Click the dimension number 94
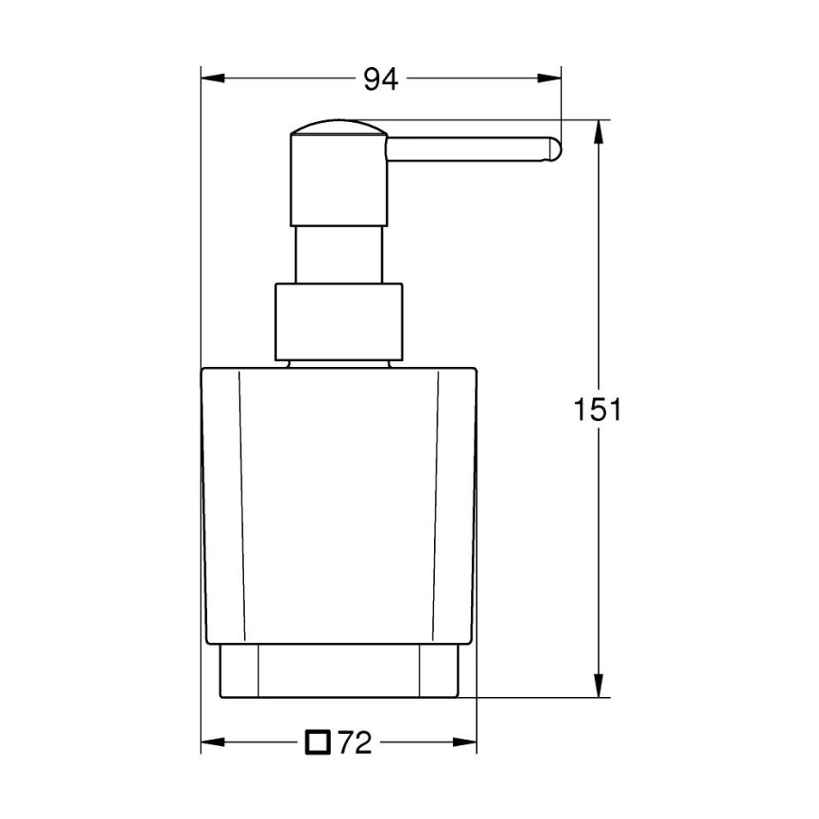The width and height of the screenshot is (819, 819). [381, 80]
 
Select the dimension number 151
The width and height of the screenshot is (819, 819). [598, 409]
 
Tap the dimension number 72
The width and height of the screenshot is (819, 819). [354, 744]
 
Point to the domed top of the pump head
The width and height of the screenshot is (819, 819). [338, 127]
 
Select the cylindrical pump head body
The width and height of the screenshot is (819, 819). [338, 180]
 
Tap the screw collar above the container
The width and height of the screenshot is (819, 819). [340, 322]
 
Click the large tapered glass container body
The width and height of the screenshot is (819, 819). [340, 501]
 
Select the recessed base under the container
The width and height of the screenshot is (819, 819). [340, 672]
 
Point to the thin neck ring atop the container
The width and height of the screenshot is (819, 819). [340, 362]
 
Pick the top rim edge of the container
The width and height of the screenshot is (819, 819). [340, 369]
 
